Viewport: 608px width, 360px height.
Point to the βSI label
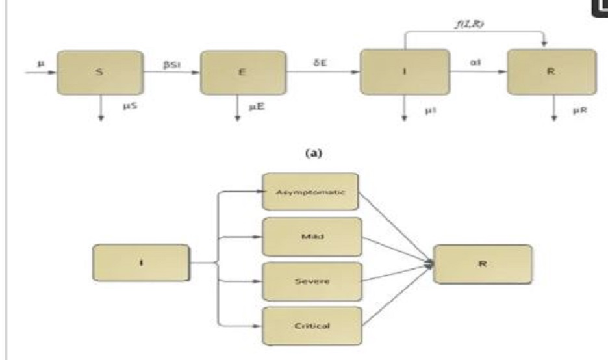pyautogui.click(x=171, y=66)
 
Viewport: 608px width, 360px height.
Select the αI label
pyautogui.click(x=474, y=65)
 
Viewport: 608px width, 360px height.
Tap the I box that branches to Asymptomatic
pyautogui.click(x=141, y=263)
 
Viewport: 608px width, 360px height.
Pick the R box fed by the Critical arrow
pyautogui.click(x=483, y=263)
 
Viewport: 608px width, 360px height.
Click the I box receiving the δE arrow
pyautogui.click(x=404, y=73)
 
